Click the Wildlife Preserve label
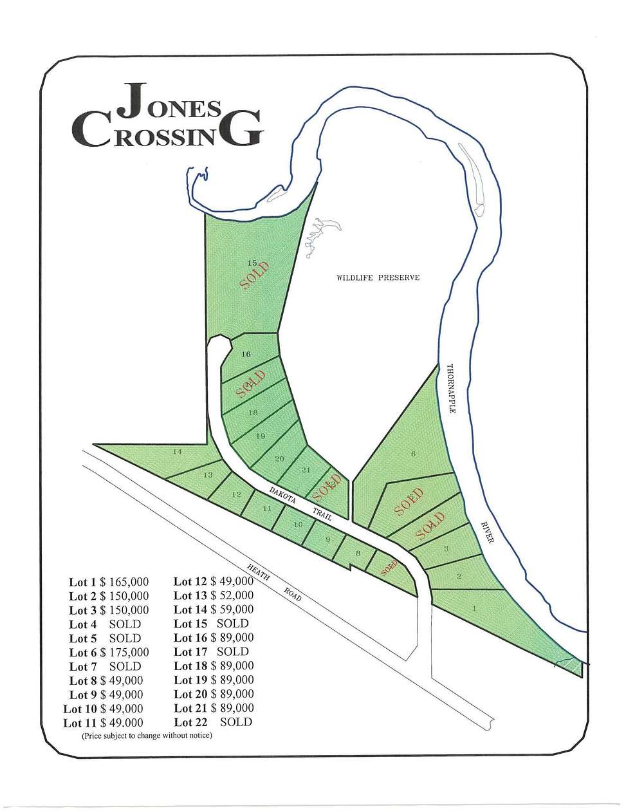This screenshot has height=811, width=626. coord(378,277)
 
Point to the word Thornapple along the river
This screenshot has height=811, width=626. coord(451,389)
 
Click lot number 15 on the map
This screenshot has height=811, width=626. coord(252,263)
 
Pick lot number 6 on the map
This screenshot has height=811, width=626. coord(413,454)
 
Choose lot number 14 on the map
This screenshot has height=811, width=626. coord(178,452)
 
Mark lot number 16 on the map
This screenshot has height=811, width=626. coord(246,354)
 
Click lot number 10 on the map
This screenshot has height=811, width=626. coord(298,525)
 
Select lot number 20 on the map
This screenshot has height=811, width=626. coord(279,458)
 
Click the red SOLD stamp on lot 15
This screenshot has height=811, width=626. coord(254,276)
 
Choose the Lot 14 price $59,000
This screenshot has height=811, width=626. coord(232,609)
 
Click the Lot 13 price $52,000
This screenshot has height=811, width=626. coord(232,595)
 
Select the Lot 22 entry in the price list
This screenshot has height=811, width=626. coord(213,722)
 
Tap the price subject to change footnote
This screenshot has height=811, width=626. coord(147,735)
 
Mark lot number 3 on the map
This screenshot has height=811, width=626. coord(446,548)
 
